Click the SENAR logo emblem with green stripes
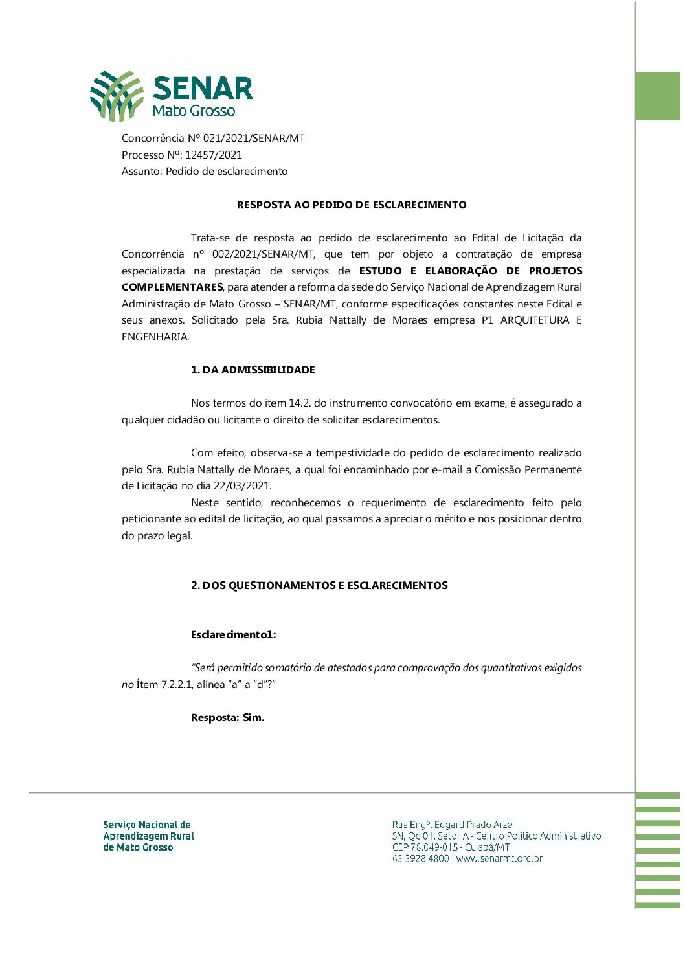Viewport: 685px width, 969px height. coord(117,96)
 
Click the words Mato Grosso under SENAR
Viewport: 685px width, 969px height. coord(193,111)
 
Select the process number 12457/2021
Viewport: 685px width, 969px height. coord(214,155)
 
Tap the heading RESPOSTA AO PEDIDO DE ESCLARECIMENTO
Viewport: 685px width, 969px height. coord(352,205)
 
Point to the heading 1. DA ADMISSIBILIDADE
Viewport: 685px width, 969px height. coord(253,370)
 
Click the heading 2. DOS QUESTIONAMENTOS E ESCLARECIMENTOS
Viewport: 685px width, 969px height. coord(319,585)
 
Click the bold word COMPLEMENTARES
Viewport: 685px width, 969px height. coord(172,287)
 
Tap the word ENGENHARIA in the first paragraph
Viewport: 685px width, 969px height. coord(155,337)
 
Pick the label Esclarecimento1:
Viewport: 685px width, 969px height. coord(233,634)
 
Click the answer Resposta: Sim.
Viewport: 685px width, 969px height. coord(227,717)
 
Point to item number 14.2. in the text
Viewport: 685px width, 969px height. coord(299,403)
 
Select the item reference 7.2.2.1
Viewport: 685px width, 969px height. coord(175,684)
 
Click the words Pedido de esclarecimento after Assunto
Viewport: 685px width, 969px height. coord(227,171)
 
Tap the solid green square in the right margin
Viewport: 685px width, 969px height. coord(657,96)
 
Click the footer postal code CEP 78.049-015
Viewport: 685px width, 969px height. coord(424,847)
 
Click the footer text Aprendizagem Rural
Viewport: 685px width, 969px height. coord(148,836)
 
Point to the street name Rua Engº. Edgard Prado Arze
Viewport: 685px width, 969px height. coord(452,824)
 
